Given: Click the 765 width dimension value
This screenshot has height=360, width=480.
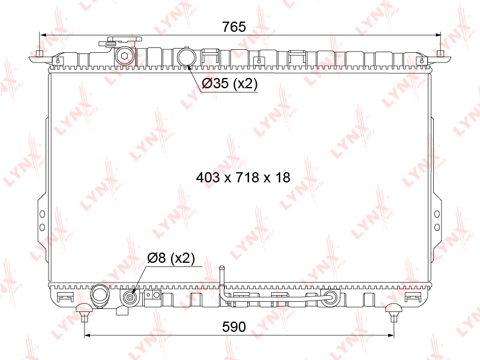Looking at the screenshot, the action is (x=234, y=26).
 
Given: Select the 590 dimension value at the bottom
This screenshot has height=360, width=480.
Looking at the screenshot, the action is (x=234, y=326).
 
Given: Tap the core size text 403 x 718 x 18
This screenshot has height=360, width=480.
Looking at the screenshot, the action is (x=243, y=177).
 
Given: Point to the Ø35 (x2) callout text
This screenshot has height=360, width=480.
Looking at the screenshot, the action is (x=230, y=83).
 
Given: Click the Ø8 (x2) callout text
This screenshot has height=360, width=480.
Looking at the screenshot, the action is (x=171, y=258).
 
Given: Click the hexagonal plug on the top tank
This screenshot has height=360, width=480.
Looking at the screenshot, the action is (x=125, y=56).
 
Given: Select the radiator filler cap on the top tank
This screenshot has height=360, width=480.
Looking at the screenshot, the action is (x=121, y=41).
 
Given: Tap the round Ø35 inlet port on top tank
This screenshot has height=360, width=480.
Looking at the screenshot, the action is (x=187, y=56).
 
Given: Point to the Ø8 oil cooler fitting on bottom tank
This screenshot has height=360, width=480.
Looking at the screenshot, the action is (x=130, y=297).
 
